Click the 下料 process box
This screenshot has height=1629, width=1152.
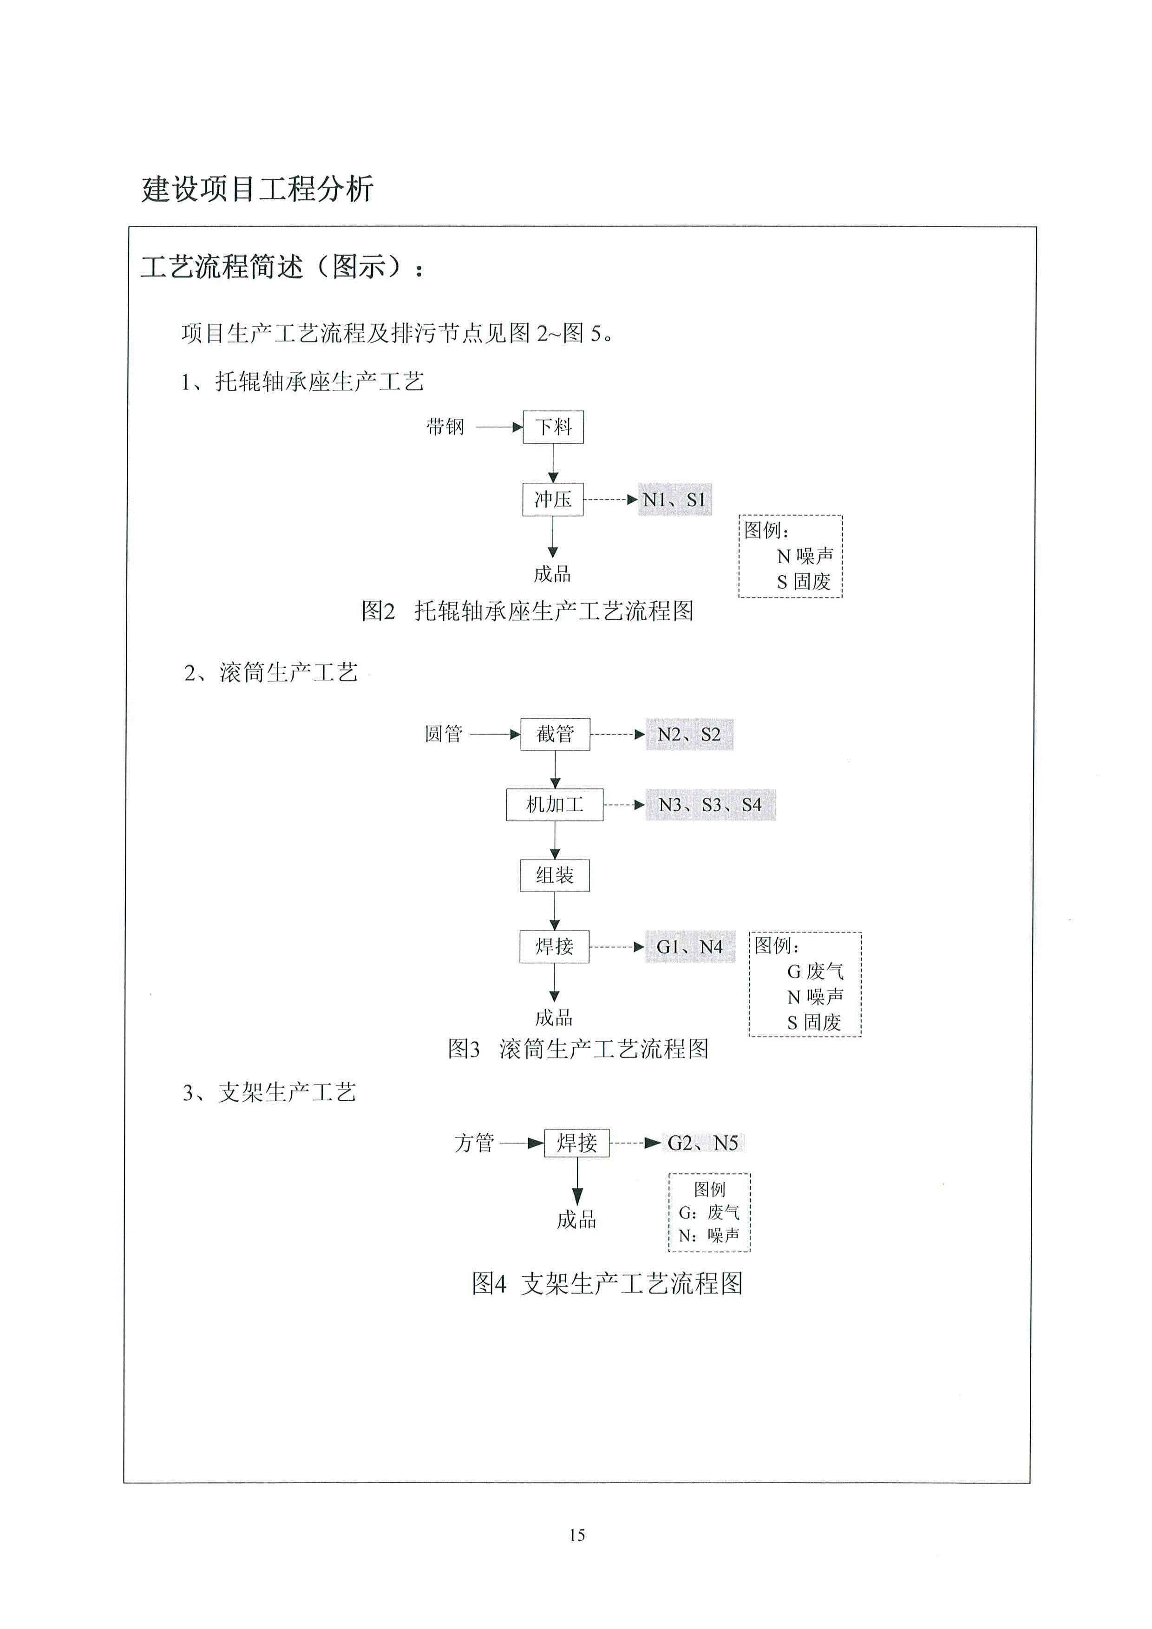(553, 427)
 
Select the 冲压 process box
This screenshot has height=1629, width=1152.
(553, 499)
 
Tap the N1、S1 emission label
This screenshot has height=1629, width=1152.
(674, 499)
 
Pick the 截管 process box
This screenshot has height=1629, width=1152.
(555, 734)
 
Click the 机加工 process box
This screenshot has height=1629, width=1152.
(555, 805)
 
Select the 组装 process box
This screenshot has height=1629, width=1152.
(555, 875)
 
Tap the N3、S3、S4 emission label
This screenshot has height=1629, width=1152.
(710, 805)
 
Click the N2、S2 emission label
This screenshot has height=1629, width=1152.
(689, 734)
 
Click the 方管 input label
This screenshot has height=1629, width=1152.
(474, 1143)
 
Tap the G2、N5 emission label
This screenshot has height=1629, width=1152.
(703, 1143)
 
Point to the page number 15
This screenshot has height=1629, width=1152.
(577, 1535)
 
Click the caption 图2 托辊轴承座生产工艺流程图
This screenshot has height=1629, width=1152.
(528, 611)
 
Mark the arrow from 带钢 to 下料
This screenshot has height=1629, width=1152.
(499, 427)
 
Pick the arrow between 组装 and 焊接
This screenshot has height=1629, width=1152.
(555, 911)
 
